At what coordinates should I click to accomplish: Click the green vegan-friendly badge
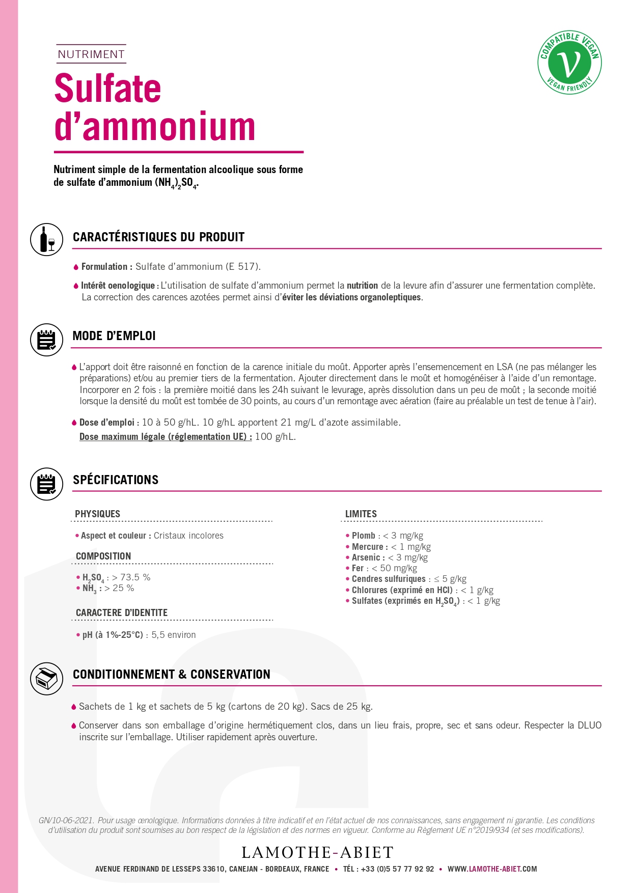tap(569, 62)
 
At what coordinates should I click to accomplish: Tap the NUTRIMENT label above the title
tap(91, 54)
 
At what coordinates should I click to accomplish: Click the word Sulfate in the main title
tap(107, 89)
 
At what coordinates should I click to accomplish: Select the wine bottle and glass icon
tap(47, 239)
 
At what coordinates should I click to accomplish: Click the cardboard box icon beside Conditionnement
tap(47, 678)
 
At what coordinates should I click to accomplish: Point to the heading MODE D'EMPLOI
tap(114, 336)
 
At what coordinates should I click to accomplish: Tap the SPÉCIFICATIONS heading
tap(116, 480)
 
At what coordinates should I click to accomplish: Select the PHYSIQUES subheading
tap(97, 514)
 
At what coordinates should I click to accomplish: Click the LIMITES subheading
tap(361, 514)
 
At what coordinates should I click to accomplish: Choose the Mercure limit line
tap(391, 547)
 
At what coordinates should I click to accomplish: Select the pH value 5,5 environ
tap(173, 635)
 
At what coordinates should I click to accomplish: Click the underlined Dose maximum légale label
tap(166, 437)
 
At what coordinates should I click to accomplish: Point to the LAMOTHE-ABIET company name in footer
tap(318, 852)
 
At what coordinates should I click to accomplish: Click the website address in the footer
tap(492, 869)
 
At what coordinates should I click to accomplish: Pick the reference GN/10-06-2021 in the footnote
tap(66, 820)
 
